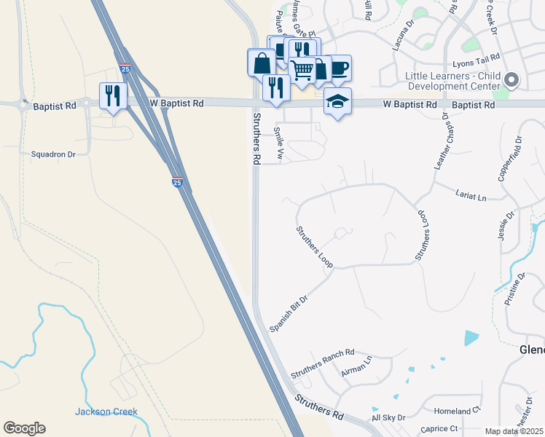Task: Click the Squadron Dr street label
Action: point(53,154)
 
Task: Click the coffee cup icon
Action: point(339,68)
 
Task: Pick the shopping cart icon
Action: point(302,70)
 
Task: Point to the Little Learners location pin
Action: point(511,80)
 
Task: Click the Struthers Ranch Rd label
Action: point(322,363)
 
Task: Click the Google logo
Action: point(24,428)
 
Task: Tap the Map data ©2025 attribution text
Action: point(514,431)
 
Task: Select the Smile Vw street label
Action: point(278,143)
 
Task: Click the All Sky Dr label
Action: point(388,418)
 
